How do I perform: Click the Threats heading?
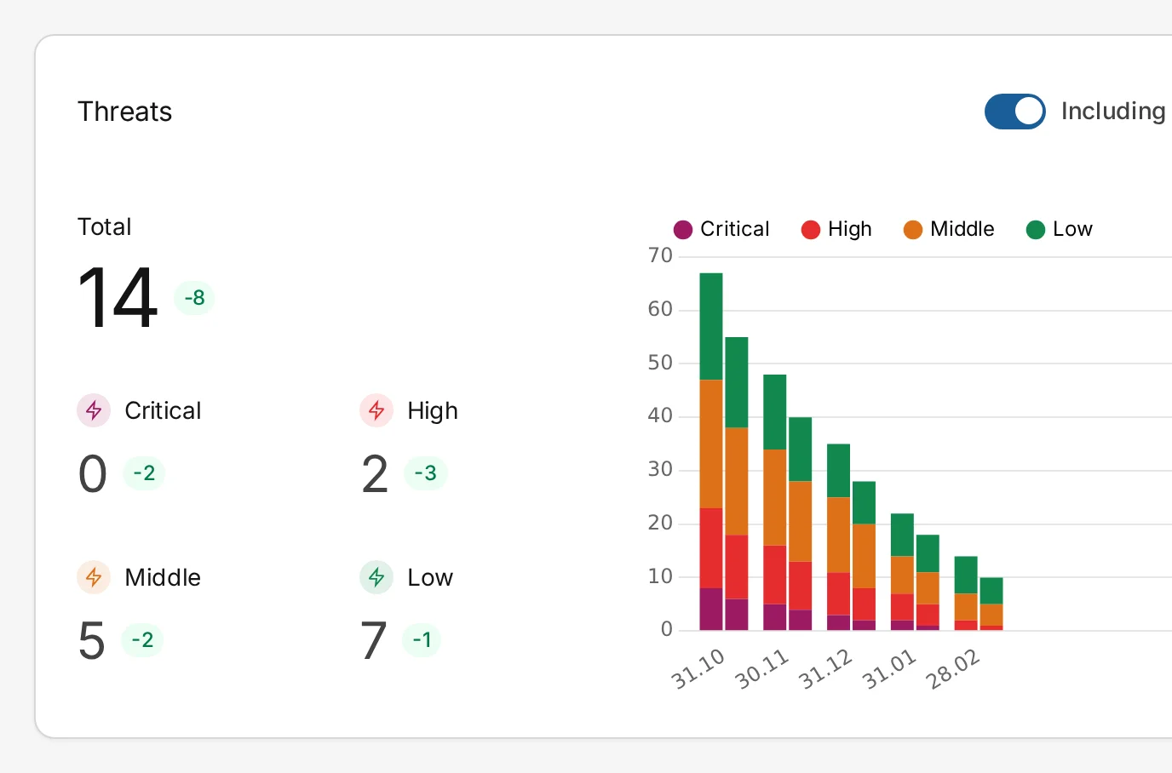pyautogui.click(x=124, y=112)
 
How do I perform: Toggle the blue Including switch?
pyautogui.click(x=1014, y=112)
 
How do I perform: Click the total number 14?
pyautogui.click(x=118, y=298)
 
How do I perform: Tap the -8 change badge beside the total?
pyautogui.click(x=194, y=298)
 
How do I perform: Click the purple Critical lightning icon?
pyautogui.click(x=94, y=410)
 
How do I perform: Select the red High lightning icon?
pyautogui.click(x=376, y=410)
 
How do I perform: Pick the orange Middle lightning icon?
pyautogui.click(x=94, y=577)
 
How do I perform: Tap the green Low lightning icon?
pyautogui.click(x=376, y=577)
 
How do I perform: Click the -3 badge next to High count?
pyautogui.click(x=425, y=473)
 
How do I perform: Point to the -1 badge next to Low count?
pyautogui.click(x=422, y=640)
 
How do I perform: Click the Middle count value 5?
pyautogui.click(x=92, y=641)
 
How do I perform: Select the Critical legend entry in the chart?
pyautogui.click(x=721, y=229)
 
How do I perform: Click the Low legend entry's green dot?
pyautogui.click(x=1036, y=230)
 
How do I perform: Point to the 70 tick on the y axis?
pyautogui.click(x=660, y=255)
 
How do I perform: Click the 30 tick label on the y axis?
pyautogui.click(x=660, y=469)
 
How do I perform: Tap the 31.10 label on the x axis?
pyautogui.click(x=698, y=668)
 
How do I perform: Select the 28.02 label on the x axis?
pyautogui.click(x=953, y=668)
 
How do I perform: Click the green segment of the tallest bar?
pyautogui.click(x=711, y=326)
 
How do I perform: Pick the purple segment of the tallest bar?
pyautogui.click(x=711, y=609)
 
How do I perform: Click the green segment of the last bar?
pyautogui.click(x=991, y=591)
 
